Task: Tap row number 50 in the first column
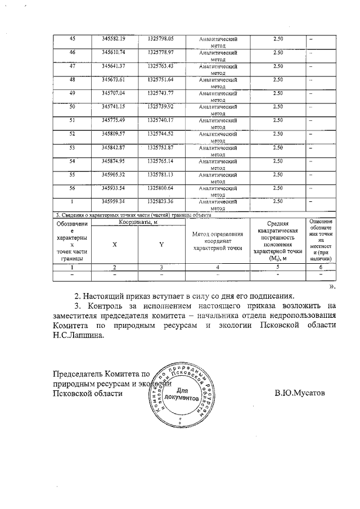point(72,106)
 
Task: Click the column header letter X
point(115,245)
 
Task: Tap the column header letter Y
point(161,245)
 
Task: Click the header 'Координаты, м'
point(138,223)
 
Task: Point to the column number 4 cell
point(217,267)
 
